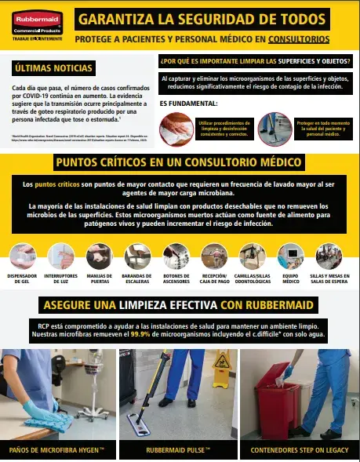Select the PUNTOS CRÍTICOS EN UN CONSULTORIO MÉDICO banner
pos(180,162)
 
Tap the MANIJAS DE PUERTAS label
pos(100,281)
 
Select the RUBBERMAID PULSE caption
pos(179,450)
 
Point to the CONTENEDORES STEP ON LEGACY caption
pos(298,450)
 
